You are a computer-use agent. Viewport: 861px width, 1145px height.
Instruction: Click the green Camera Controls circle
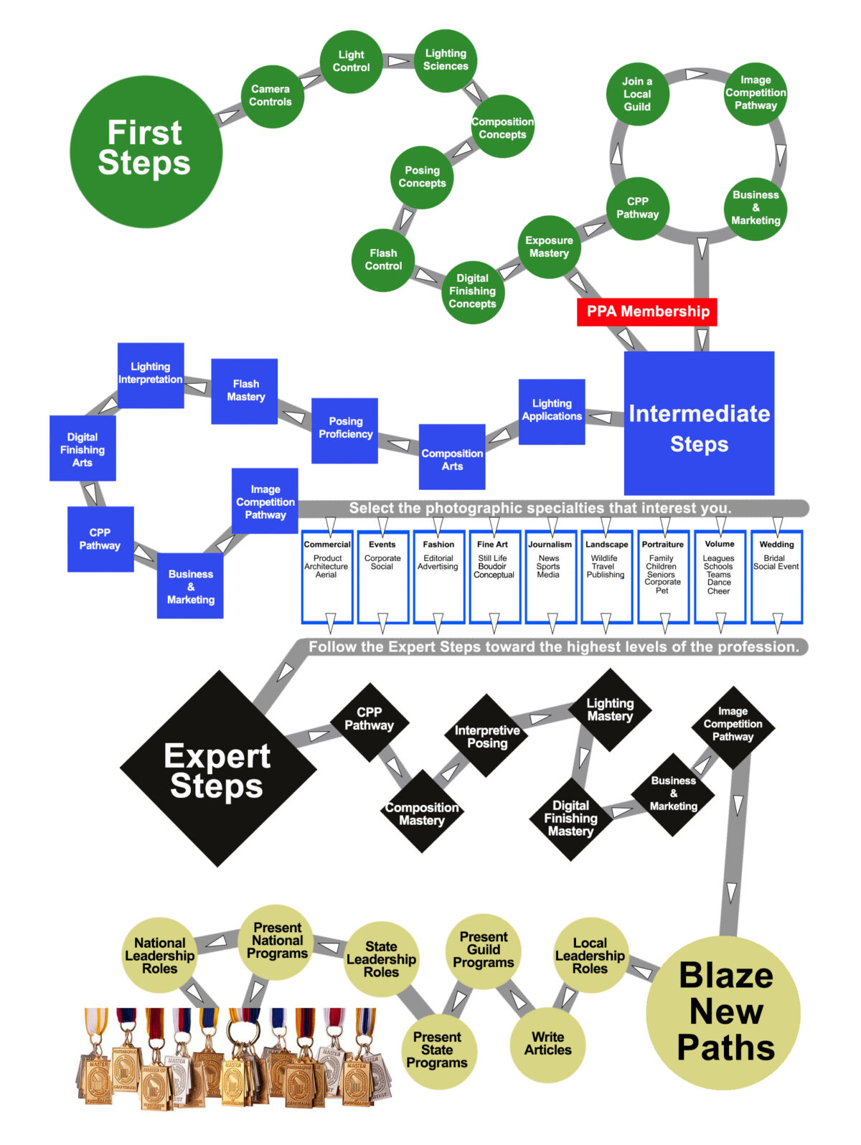(271, 96)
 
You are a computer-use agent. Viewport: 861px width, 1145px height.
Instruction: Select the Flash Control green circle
(383, 260)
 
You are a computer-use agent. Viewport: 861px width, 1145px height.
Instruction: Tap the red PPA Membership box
(647, 311)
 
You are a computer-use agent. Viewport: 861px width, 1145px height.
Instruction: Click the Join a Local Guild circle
(637, 94)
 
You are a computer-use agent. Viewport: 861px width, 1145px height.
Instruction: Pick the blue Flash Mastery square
(245, 391)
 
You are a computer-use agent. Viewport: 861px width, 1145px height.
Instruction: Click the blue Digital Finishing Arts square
(83, 449)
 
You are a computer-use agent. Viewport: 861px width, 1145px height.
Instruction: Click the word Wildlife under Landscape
(604, 558)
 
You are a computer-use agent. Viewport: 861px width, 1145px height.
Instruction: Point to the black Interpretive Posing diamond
(487, 736)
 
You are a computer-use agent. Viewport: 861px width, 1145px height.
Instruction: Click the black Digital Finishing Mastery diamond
(571, 819)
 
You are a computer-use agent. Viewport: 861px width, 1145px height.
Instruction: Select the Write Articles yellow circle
(547, 1043)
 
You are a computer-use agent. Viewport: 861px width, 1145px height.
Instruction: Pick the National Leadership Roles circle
(159, 956)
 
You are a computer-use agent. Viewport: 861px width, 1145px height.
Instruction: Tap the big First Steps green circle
(146, 151)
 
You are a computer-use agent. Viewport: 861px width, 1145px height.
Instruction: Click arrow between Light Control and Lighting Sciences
(398, 61)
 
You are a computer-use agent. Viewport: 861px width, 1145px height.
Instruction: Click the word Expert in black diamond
(217, 755)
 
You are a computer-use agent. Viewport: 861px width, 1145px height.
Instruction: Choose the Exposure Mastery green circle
(549, 247)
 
